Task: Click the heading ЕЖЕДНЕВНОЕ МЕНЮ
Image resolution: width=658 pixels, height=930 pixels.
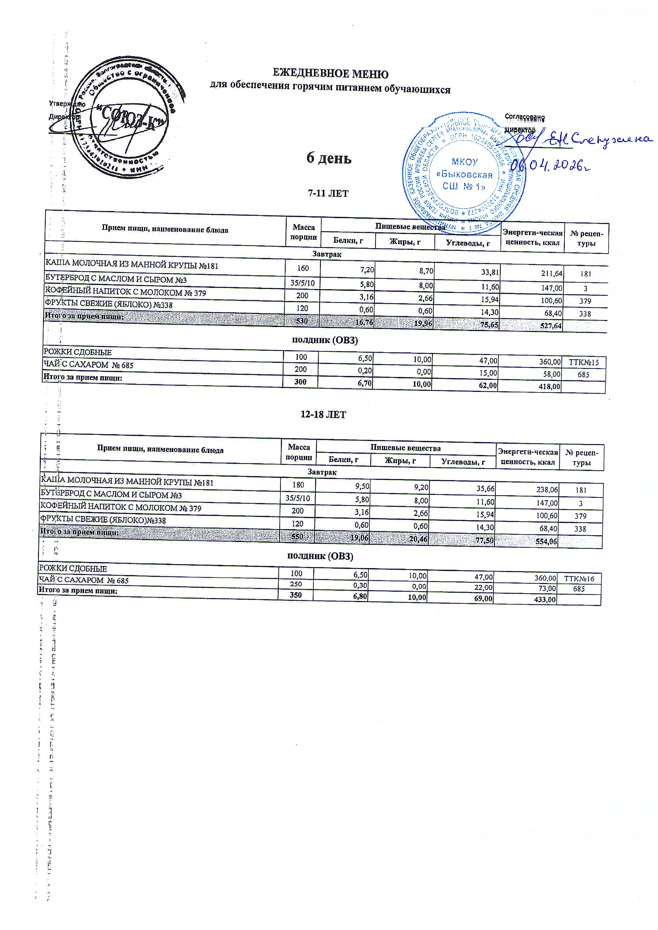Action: [330, 74]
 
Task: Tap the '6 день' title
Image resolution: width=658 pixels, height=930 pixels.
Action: [329, 158]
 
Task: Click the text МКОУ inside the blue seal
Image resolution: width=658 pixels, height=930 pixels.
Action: [464, 162]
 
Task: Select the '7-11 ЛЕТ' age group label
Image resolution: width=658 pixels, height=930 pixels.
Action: [328, 194]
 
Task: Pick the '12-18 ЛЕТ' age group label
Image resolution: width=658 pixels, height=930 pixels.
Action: [323, 415]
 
